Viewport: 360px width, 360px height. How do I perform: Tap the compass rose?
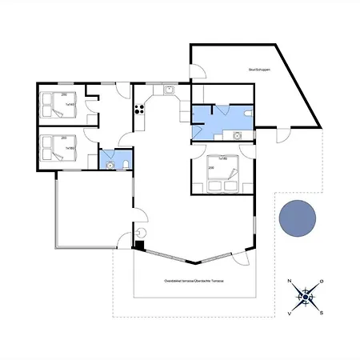coord(305,298)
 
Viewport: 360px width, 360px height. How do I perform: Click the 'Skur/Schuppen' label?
coord(259,70)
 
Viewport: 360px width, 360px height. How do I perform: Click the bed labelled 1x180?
coord(218,176)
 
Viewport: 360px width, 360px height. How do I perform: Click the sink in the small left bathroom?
coord(108,165)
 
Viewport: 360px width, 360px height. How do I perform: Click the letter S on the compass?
coord(321,314)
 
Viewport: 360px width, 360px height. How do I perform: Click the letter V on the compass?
coord(289,314)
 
